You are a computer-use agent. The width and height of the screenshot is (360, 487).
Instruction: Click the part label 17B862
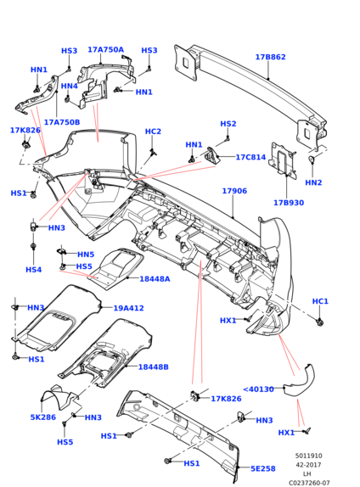pyautogui.click(x=270, y=57)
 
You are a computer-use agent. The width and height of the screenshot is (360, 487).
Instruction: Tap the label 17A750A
pyautogui.click(x=105, y=50)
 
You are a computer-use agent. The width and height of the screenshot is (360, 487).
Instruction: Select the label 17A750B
pyautogui.click(x=62, y=122)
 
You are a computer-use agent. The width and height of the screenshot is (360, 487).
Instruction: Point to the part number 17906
pyautogui.click(x=234, y=191)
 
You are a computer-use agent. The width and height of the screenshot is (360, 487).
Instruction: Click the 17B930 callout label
pyautogui.click(x=289, y=203)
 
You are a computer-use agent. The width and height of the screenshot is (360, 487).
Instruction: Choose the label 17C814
pyautogui.click(x=250, y=157)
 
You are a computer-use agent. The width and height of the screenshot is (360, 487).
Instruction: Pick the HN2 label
pyautogui.click(x=313, y=182)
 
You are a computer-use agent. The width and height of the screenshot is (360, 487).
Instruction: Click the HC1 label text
pyautogui.click(x=320, y=301)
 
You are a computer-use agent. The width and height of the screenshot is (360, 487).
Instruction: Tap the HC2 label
pyautogui.click(x=153, y=132)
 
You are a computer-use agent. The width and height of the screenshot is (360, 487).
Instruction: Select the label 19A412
pyautogui.click(x=128, y=309)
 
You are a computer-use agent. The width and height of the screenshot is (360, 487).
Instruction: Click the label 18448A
pyautogui.click(x=155, y=279)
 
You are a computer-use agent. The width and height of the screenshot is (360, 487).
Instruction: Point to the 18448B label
pyautogui.click(x=154, y=367)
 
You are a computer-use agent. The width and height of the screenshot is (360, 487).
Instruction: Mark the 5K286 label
pyautogui.click(x=43, y=417)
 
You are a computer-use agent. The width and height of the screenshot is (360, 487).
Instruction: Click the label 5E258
pyautogui.click(x=263, y=468)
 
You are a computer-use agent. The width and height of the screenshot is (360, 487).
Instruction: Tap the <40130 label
pyautogui.click(x=258, y=389)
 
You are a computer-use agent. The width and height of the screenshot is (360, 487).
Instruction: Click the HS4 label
pyautogui.click(x=34, y=270)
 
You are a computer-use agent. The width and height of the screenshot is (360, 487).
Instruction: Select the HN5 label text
pyautogui.click(x=86, y=255)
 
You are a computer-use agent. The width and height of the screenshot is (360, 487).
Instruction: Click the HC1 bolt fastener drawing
pyautogui.click(x=319, y=322)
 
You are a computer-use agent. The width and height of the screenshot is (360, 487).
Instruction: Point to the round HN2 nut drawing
pyautogui.click(x=312, y=160)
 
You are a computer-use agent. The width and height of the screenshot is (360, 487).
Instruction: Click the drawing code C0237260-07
pyautogui.click(x=309, y=483)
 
